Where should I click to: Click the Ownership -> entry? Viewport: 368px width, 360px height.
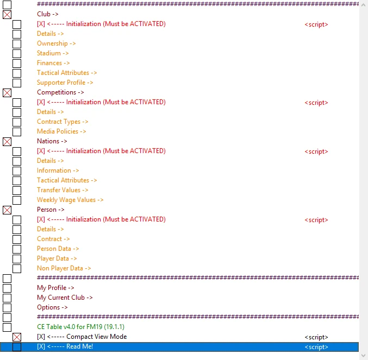[x=56, y=43]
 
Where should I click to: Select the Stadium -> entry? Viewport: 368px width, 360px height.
[x=53, y=53]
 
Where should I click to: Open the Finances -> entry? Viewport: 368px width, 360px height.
[x=53, y=63]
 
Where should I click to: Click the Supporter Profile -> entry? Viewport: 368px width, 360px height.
[x=65, y=83]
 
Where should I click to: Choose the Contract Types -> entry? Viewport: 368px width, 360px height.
[x=63, y=122]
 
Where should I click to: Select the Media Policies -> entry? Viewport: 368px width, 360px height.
[x=61, y=131]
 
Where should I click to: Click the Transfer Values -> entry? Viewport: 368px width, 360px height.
[x=63, y=190]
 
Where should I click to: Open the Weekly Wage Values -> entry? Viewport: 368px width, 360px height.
[x=70, y=200]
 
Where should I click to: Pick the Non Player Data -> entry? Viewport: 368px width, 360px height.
[x=64, y=268]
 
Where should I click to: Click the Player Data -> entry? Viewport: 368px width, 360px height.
[x=57, y=258]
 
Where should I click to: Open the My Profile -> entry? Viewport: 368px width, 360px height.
[x=55, y=288]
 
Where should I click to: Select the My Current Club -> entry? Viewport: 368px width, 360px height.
[x=65, y=298]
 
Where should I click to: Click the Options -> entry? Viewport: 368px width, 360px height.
[x=52, y=307]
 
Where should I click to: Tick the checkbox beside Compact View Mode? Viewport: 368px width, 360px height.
[x=17, y=337]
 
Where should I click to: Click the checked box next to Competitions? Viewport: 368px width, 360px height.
[x=7, y=93]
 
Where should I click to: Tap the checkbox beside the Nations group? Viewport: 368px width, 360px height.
[x=7, y=142]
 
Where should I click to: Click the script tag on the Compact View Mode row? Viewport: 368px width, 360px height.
[x=316, y=337]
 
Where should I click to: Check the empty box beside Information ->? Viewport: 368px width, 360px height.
[x=17, y=171]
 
